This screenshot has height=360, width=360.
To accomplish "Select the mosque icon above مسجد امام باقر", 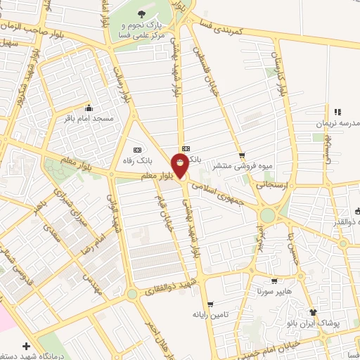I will [x=88, y=108].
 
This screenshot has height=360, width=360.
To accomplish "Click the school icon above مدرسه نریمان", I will [x=337, y=111].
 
